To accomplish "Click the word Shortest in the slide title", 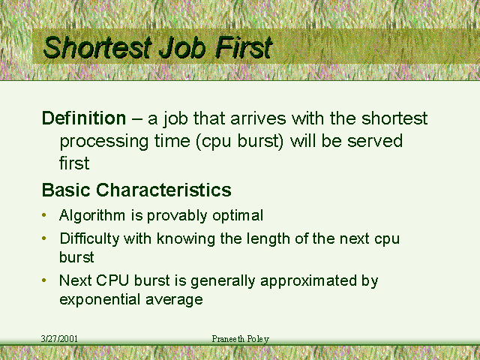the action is tap(98, 47).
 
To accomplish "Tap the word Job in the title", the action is tap(182, 47).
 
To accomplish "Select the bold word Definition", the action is tap(84, 118).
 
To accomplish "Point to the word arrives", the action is tap(258, 118).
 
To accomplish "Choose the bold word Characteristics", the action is tap(163, 190).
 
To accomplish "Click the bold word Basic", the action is tap(66, 190).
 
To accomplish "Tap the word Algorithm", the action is tap(92, 216).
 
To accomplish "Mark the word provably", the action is tap(177, 216).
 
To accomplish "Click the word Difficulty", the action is tap(89, 239).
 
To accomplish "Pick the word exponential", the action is tap(100, 300).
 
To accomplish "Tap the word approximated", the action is tap(308, 281).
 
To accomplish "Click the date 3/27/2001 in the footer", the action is tap(59, 339).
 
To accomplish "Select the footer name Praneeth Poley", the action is tap(241, 339).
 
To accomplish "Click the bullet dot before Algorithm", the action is tap(44, 215).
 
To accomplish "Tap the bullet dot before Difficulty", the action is tap(44, 238).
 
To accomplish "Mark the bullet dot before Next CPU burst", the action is tap(44, 280).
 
